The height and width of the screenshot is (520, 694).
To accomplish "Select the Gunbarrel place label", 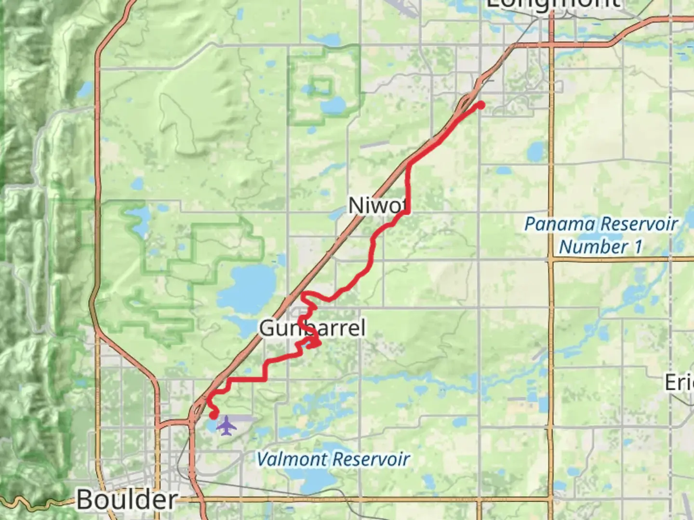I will point(312,328).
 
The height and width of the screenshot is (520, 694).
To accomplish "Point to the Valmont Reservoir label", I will point(333,459).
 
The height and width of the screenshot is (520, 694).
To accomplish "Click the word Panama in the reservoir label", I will point(560,224).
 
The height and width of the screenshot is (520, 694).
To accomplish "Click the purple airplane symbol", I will point(227,426).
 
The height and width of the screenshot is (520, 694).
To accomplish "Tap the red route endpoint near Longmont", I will point(480,105).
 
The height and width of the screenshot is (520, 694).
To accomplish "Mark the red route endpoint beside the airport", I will point(213,415).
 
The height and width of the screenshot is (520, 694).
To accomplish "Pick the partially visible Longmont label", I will point(553,4).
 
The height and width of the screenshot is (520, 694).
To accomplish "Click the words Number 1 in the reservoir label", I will point(601,247).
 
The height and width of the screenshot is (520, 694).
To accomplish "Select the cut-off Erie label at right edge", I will point(680,383).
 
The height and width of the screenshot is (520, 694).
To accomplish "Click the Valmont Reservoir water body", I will point(308,477).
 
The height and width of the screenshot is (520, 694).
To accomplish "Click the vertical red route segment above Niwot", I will point(409,185).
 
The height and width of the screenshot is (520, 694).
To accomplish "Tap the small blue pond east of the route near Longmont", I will point(535,152).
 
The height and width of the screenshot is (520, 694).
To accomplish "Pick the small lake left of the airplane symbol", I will point(213,426).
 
